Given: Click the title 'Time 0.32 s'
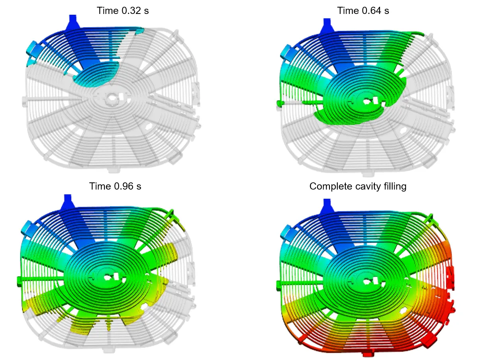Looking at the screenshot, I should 123,11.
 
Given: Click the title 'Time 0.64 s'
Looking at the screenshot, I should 363,11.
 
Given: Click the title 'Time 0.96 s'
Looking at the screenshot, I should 115,186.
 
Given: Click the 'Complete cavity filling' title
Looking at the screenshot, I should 358,186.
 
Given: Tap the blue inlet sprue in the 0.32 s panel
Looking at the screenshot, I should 72,22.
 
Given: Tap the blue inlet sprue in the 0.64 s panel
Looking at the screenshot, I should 327,25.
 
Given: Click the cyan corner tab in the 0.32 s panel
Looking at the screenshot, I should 31,50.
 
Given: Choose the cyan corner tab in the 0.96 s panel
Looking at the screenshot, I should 27,227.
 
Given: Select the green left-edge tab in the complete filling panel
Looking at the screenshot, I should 279,284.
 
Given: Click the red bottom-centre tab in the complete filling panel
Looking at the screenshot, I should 367,354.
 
